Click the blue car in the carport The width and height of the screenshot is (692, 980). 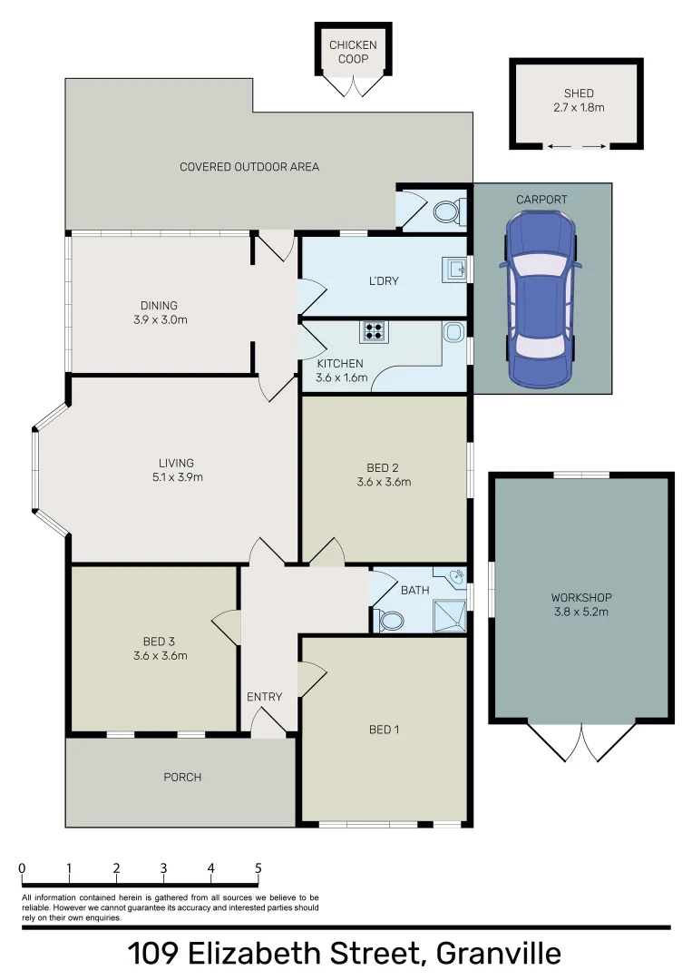(x=541, y=298)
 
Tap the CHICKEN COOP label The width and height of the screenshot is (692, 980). (x=353, y=52)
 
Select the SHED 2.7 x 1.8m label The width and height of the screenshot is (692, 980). (x=579, y=100)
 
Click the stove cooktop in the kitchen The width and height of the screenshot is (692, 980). (x=374, y=331)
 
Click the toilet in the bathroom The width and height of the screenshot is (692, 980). (x=391, y=621)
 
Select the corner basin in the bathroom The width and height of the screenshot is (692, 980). (x=458, y=576)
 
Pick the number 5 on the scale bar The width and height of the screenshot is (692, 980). (x=258, y=867)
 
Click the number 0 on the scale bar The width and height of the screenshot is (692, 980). (x=22, y=867)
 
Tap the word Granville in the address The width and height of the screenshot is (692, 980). (x=498, y=954)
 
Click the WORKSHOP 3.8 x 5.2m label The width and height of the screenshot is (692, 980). (x=581, y=604)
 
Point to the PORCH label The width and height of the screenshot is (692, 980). (x=182, y=778)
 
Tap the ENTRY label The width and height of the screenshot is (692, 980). (x=264, y=697)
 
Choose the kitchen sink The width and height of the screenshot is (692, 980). (x=453, y=332)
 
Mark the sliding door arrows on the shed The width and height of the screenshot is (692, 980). (x=577, y=146)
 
